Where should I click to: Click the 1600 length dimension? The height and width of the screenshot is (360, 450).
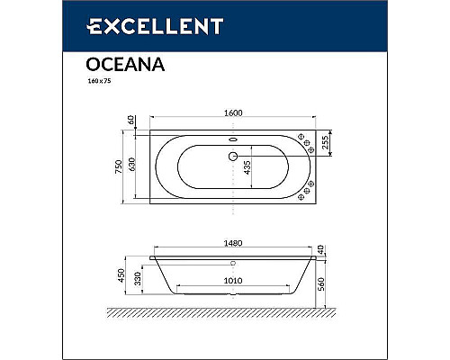232,113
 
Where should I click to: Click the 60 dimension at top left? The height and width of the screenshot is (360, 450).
131,120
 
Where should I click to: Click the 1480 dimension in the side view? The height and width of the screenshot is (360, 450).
232,240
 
